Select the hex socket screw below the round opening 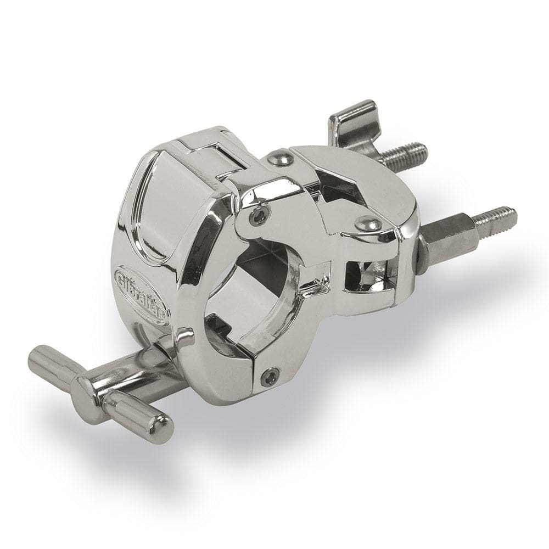(270, 376)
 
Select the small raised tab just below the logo (184, 336)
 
